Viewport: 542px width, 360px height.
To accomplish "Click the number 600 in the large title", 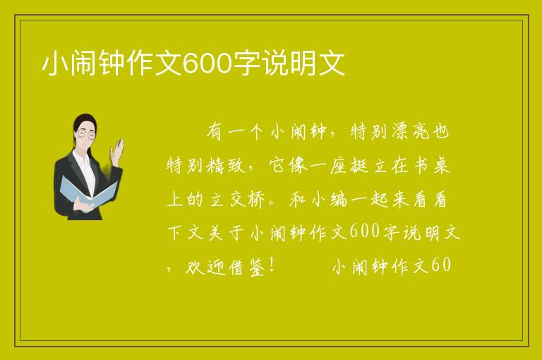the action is point(207,64).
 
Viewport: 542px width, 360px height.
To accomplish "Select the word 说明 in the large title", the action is point(289,64).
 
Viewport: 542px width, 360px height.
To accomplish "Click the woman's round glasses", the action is point(85,134).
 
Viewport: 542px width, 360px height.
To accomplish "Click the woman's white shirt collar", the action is point(84,162).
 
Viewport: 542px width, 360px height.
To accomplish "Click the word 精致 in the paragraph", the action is point(226,165).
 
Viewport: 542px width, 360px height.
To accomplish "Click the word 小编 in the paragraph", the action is point(329,200).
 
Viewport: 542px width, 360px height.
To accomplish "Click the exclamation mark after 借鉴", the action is point(272,266).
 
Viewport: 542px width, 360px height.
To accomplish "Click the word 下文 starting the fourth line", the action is point(186,233).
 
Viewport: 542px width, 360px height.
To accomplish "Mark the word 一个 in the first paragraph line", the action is point(246,131).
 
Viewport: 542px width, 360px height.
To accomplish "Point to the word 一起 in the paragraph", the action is point(368,200).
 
